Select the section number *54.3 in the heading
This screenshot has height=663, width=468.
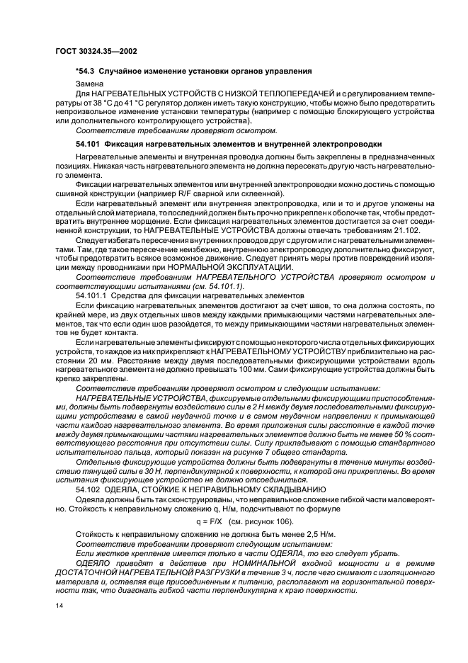88,71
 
